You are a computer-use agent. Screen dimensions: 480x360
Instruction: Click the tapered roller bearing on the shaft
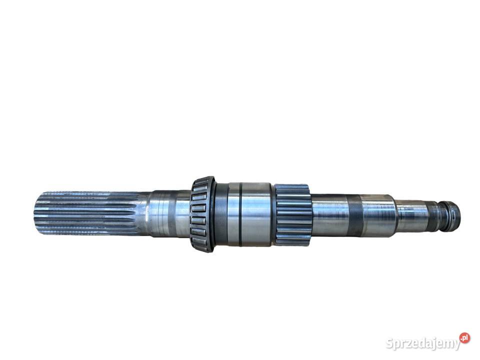click(202, 214)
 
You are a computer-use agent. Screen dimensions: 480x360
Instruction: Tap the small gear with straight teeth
click(292, 215)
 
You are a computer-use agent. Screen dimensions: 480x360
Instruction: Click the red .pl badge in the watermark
click(464, 338)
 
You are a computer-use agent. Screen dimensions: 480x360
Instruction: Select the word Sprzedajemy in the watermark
click(423, 343)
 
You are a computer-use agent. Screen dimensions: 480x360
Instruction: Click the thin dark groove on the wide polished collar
click(241, 214)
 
